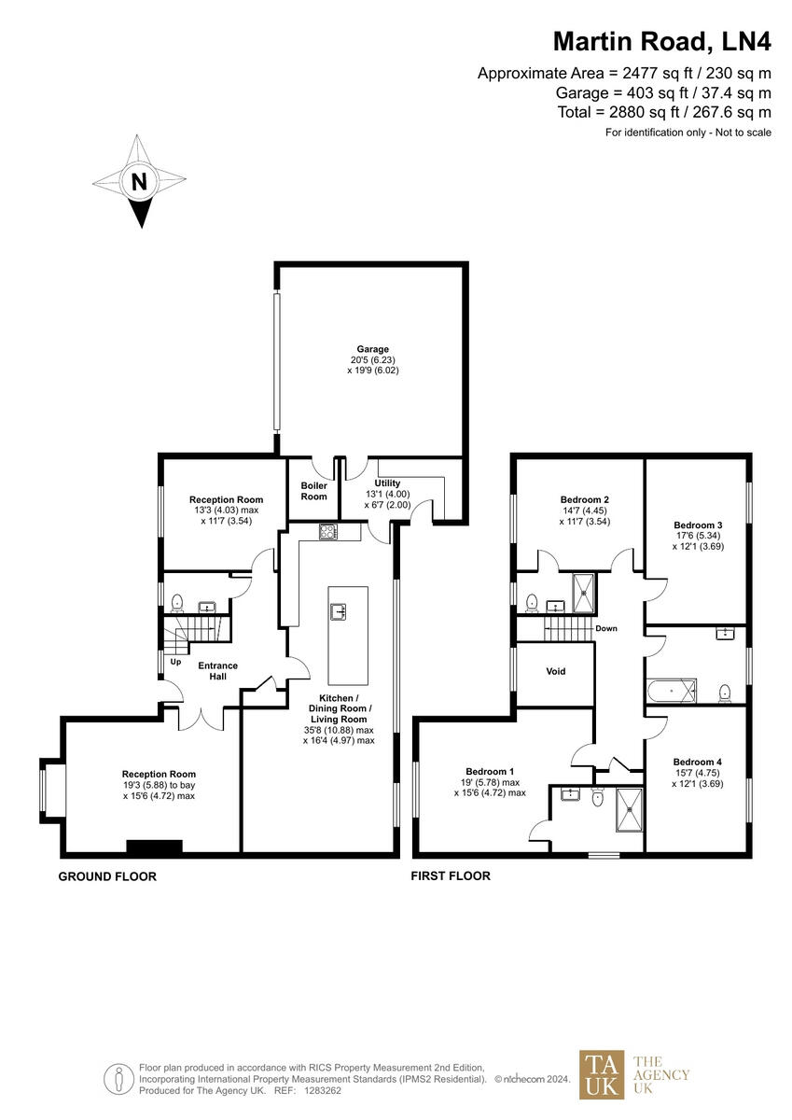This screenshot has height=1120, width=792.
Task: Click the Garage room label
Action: [x=372, y=349]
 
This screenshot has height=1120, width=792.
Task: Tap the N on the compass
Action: [x=139, y=182]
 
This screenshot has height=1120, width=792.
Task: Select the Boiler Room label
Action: [x=313, y=491]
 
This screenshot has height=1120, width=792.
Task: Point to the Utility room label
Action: [x=387, y=483]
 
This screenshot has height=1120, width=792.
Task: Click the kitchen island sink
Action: [x=340, y=611]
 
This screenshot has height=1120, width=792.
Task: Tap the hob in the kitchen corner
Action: [x=327, y=532]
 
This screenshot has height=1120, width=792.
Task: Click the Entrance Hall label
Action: [x=218, y=671]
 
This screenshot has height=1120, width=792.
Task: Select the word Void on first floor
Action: [x=555, y=671]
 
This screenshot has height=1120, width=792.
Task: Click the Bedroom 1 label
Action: [x=490, y=771]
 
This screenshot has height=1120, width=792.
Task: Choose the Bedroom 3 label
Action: [x=698, y=525]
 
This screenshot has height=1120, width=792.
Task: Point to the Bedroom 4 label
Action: [x=697, y=762]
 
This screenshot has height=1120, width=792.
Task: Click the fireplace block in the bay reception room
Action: [x=154, y=847]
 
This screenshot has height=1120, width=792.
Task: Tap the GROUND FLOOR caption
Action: [x=107, y=876]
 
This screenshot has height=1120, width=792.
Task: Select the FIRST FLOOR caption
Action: [x=452, y=876]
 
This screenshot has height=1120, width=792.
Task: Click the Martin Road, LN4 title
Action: [x=661, y=41]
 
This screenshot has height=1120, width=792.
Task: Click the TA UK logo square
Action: [x=601, y=1074]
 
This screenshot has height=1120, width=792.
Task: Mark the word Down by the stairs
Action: [x=606, y=628]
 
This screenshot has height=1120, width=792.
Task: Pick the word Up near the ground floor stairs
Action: [x=175, y=662]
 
